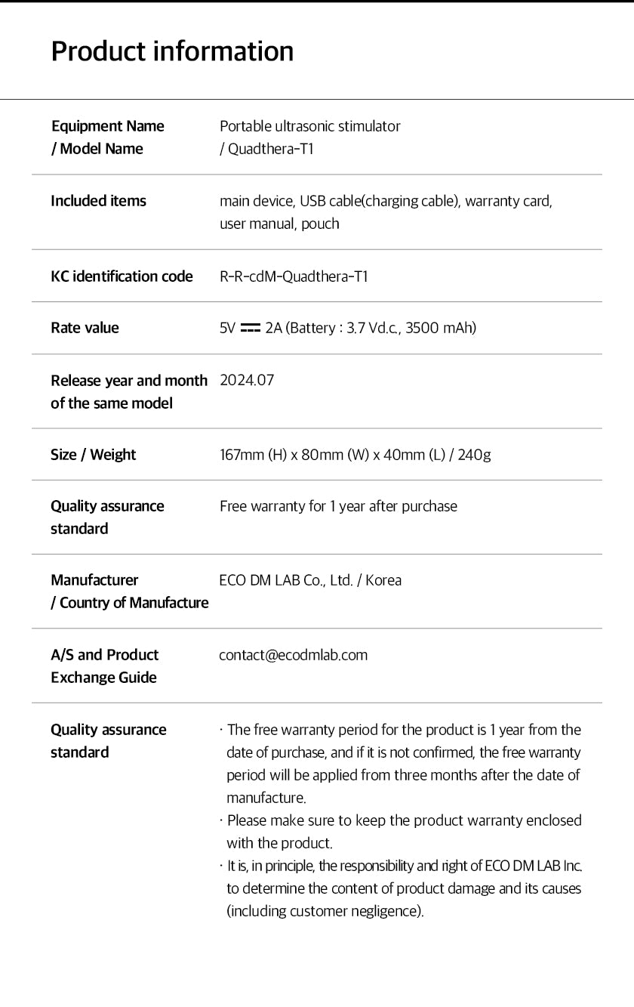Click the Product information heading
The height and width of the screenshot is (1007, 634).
[172, 51]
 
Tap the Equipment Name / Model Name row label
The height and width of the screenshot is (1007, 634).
[107, 137]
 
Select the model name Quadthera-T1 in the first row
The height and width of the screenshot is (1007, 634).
[270, 149]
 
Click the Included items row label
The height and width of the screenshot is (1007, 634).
[98, 201]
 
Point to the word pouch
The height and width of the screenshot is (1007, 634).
[320, 224]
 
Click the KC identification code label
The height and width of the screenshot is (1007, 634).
[122, 276]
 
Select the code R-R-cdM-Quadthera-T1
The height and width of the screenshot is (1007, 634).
[294, 276]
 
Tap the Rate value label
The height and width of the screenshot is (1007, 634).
[85, 328]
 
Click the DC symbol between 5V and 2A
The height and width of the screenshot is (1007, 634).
[250, 328]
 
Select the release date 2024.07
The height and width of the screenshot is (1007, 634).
[247, 380]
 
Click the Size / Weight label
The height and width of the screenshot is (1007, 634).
[93, 455]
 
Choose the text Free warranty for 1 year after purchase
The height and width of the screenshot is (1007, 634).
[338, 506]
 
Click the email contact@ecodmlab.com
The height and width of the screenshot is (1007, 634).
[293, 655]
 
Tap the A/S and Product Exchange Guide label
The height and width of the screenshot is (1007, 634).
[104, 666]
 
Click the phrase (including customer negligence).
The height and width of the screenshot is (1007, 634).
[325, 911]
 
